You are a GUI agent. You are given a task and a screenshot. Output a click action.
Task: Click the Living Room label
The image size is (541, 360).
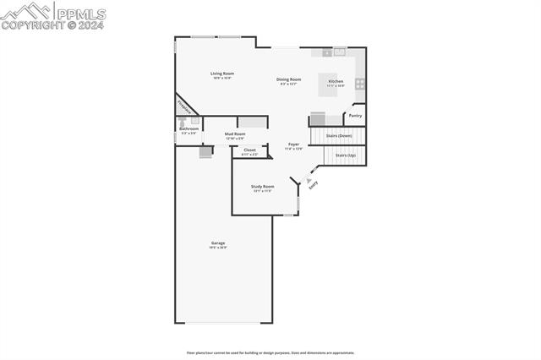(222, 74)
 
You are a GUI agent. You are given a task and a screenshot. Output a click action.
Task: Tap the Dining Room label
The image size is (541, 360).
(289, 79)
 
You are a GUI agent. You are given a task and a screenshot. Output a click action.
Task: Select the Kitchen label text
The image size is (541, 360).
(336, 81)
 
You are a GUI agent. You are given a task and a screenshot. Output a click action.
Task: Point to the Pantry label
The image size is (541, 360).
(355, 115)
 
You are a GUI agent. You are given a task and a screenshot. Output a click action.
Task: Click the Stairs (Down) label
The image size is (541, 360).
(339, 134)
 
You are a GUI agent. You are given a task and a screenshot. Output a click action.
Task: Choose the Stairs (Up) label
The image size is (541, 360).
(346, 155)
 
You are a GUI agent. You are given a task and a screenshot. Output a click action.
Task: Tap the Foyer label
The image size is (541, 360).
(293, 145)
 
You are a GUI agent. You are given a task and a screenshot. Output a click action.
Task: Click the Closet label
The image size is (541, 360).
(249, 150)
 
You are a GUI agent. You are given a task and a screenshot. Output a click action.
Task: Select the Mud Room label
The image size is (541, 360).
(235, 134)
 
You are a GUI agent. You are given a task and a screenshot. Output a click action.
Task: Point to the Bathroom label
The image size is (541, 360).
(189, 128)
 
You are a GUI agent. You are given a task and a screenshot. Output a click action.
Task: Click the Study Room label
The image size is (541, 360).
(263, 186)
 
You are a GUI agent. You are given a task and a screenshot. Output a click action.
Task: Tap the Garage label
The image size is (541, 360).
(218, 243)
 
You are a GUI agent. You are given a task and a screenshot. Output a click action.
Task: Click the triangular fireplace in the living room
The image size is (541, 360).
(183, 106)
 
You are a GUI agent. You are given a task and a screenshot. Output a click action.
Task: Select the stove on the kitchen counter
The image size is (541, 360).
(360, 83)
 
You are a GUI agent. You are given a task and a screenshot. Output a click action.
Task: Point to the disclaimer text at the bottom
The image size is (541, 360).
(270, 353)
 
